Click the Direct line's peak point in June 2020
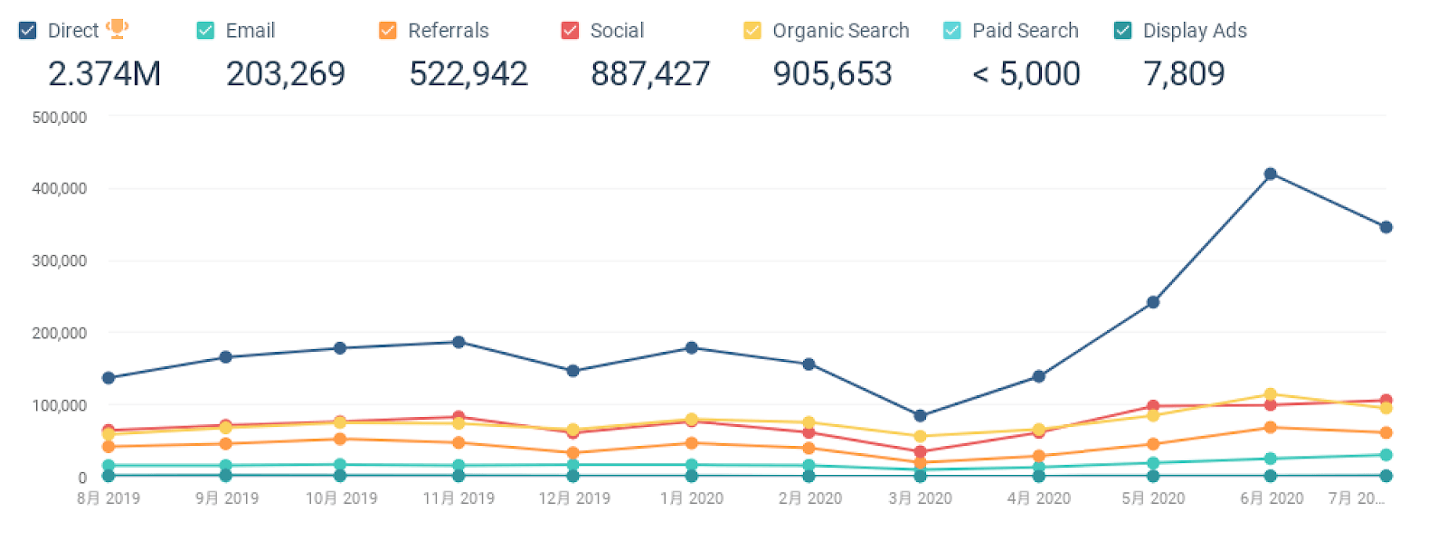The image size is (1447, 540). tap(1270, 174)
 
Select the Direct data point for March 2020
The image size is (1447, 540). tap(920, 416)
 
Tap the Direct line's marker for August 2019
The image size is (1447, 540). tap(109, 378)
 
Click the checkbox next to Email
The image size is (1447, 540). tap(205, 31)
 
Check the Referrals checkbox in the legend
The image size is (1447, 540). tap(388, 31)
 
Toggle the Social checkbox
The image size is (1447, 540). tap(570, 31)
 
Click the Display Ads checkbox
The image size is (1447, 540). tap(1123, 31)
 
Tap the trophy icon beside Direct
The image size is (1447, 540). tap(117, 29)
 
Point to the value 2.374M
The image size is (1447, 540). tap(104, 74)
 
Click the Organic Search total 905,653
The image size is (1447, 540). tap(832, 74)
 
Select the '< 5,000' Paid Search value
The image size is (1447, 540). tap(1026, 74)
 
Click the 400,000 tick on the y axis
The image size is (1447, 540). tap(60, 189)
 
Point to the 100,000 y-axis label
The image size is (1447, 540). tap(60, 406)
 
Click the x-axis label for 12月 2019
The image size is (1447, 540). tap(574, 498)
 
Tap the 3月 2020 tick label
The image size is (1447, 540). tap(920, 498)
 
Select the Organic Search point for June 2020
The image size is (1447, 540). tap(1270, 394)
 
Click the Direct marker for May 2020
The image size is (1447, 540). tap(1153, 302)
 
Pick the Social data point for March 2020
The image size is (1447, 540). tap(920, 451)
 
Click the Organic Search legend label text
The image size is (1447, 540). tap(840, 31)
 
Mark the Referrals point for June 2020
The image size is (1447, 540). tap(1270, 427)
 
